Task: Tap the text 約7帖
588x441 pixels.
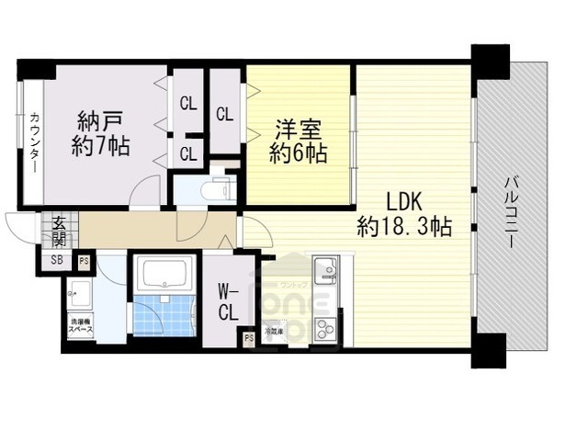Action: click(101, 145)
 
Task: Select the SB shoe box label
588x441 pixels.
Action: click(57, 260)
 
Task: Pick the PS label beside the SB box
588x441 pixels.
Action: click(84, 260)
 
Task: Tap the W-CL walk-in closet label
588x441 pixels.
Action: click(229, 302)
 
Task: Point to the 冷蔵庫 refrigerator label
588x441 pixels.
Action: click(275, 330)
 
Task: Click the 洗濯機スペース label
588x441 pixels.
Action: click(80, 325)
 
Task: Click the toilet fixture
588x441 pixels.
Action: click(220, 187)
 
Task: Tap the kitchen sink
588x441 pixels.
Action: click(327, 273)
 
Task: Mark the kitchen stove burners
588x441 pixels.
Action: click(325, 326)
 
